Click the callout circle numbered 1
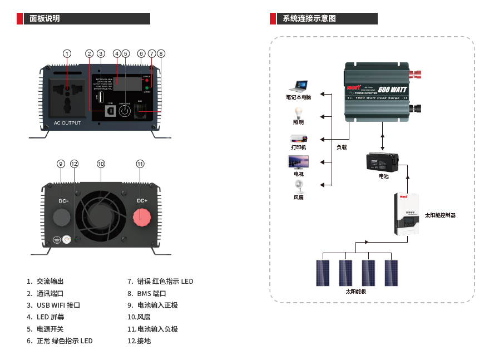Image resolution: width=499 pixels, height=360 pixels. [x=67, y=53]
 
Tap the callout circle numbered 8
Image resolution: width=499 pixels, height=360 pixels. [x=161, y=53]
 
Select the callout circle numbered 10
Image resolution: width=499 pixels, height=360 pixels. [x=101, y=164]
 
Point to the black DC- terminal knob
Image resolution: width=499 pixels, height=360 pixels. [x=63, y=216]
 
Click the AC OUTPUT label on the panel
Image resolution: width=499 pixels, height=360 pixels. [x=67, y=123]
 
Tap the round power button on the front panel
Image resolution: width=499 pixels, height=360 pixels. [x=125, y=111]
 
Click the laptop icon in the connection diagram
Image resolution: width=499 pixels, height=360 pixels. [x=299, y=86]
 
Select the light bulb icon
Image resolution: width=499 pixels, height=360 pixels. [x=299, y=112]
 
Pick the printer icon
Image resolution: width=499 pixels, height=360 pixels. [x=298, y=138]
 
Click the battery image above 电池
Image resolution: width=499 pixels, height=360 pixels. [x=383, y=162]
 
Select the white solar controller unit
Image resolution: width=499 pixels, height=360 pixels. [x=407, y=213]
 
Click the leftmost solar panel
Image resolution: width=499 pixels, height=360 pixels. [x=323, y=273]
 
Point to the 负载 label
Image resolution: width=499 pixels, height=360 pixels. [x=341, y=147]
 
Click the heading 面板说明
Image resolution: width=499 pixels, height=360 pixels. [x=45, y=18]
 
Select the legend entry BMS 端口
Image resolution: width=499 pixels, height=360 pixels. [x=151, y=293]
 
